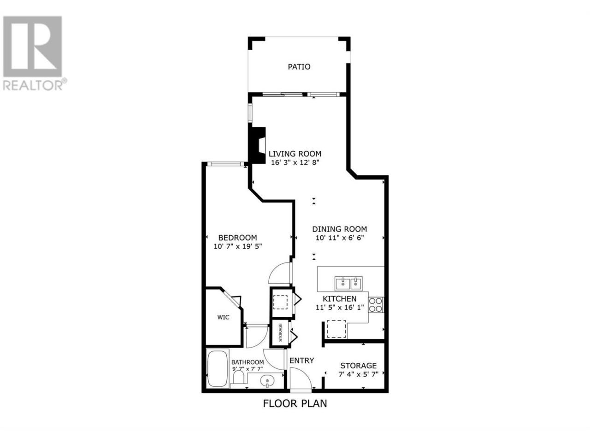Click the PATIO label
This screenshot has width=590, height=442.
pyautogui.click(x=299, y=67)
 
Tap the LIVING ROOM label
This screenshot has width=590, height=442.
pyautogui.click(x=295, y=154)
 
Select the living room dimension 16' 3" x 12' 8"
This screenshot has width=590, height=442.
pyautogui.click(x=295, y=163)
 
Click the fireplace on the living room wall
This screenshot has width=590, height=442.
pyautogui.click(x=257, y=145)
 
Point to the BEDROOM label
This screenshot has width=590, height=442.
pyautogui.click(x=237, y=238)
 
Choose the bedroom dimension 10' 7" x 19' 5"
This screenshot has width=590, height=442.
pyautogui.click(x=237, y=246)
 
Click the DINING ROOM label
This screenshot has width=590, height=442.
pyautogui.click(x=340, y=229)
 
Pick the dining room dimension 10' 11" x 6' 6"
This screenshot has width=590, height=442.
pyautogui.click(x=340, y=238)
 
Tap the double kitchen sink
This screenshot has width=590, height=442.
pyautogui.click(x=348, y=284)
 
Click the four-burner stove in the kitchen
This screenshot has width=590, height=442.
pyautogui.click(x=376, y=305)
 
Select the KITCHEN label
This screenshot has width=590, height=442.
pyautogui.click(x=340, y=299)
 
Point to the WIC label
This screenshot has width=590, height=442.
pyautogui.click(x=223, y=318)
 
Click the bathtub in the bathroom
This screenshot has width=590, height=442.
pyautogui.click(x=218, y=368)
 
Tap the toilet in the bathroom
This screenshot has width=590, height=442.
pyautogui.click(x=238, y=377)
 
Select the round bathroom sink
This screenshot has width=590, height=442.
pyautogui.click(x=267, y=381)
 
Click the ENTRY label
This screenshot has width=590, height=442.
pyautogui.click(x=301, y=361)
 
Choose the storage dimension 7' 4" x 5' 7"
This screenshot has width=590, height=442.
pyautogui.click(x=358, y=374)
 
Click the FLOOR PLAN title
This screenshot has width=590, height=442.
pyautogui.click(x=295, y=411)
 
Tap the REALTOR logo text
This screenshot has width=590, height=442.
pyautogui.click(x=33, y=85)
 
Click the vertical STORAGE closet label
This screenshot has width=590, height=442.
pyautogui.click(x=280, y=332)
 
